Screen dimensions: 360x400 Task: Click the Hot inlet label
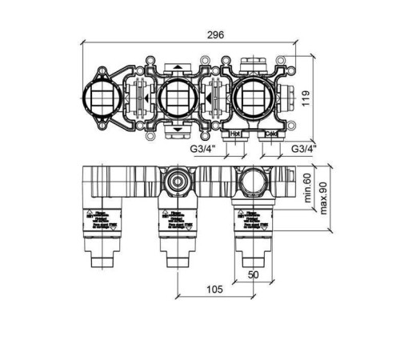pos(236,134)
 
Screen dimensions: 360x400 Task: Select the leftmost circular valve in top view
pos(105,98)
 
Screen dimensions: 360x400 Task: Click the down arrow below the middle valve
pos(175,130)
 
